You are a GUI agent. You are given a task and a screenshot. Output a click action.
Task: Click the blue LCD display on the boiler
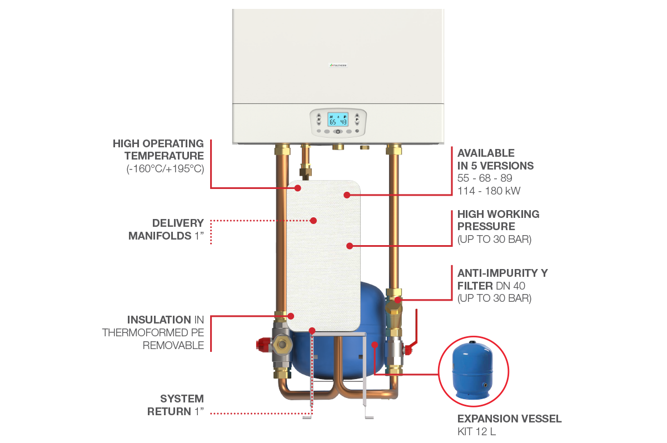click(x=337, y=120)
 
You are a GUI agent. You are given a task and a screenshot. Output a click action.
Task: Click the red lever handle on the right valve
click(x=409, y=349)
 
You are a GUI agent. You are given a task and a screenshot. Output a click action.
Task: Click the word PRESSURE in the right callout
click(x=486, y=227)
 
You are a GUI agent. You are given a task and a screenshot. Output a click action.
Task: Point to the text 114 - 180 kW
click(x=489, y=191)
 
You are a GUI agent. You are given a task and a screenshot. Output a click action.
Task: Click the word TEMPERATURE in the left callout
click(x=164, y=156)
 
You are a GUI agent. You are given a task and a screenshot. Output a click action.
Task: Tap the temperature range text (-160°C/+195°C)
click(x=165, y=168)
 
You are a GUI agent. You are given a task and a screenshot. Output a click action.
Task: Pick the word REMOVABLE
click(x=173, y=345)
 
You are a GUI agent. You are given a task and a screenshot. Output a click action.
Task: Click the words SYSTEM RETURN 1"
click(x=176, y=405)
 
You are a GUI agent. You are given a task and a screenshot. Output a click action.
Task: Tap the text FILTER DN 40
click(x=493, y=286)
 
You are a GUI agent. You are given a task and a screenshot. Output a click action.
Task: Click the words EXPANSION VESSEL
click(x=509, y=419)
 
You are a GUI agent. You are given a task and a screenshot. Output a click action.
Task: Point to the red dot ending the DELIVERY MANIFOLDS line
click(x=313, y=221)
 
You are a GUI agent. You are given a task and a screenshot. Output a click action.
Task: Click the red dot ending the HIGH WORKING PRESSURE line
click(x=350, y=245)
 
